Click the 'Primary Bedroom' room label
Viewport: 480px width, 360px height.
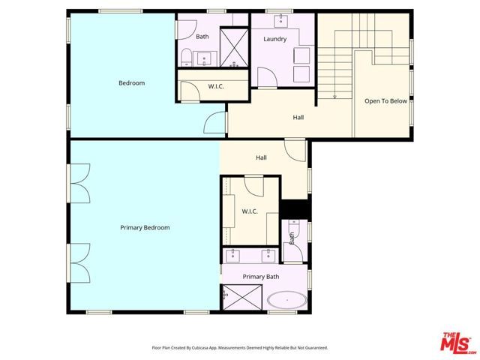tap(145, 227)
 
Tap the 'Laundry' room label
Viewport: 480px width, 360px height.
tap(274, 39)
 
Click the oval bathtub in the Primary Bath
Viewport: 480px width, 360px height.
tap(286, 301)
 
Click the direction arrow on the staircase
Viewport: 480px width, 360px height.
tap(334, 95)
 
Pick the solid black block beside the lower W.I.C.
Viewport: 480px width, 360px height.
tap(295, 209)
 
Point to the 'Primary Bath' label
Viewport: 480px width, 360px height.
tap(260, 277)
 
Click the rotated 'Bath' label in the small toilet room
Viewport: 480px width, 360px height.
tap(292, 238)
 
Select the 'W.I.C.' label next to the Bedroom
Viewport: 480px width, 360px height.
tap(217, 86)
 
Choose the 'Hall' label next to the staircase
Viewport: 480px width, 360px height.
tap(298, 117)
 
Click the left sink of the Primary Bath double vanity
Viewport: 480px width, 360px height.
tap(234, 255)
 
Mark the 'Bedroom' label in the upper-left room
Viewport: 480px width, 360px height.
tap(131, 83)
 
